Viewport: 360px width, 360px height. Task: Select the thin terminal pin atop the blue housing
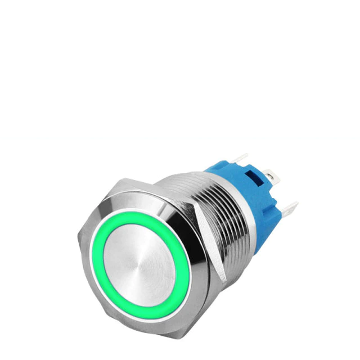(x=242, y=160)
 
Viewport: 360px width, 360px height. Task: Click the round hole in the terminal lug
(x=275, y=178)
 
